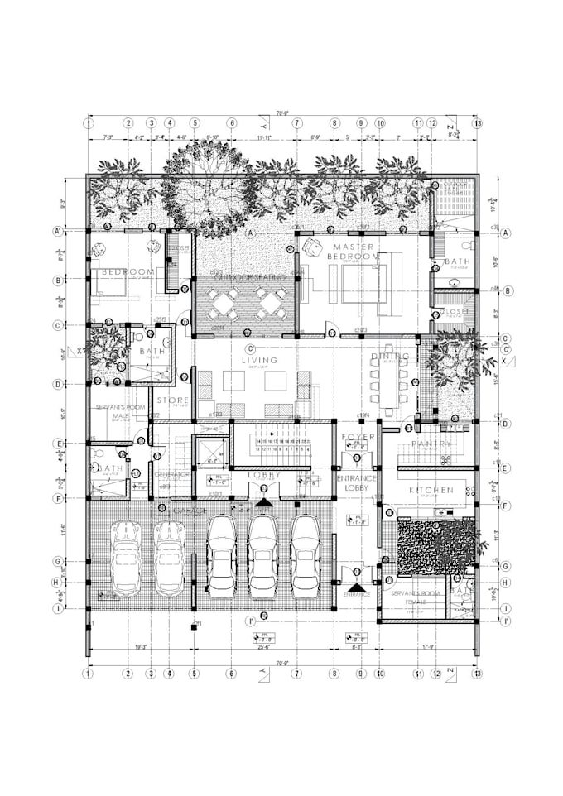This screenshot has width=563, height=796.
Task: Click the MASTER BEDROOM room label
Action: pos(357,252)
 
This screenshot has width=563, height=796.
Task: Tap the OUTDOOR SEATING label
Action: pos(246,277)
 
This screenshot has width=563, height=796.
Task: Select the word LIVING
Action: pos(259,361)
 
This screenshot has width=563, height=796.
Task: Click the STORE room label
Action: pos(173,400)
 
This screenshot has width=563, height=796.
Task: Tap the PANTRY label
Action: pos(431,444)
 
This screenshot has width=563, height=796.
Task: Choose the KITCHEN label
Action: pos(431,491)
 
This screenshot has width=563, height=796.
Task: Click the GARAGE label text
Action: pos(188,511)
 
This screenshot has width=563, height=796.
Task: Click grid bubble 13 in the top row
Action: pos(477,123)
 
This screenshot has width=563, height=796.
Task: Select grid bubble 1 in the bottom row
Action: pos(88,674)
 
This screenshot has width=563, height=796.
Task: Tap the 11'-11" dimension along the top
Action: pos(264,137)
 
